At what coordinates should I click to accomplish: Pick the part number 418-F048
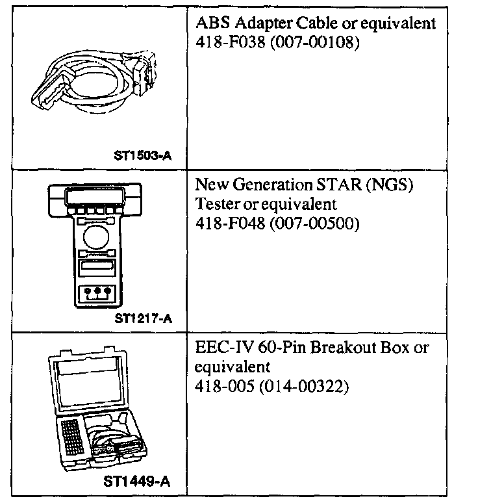[225, 223]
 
